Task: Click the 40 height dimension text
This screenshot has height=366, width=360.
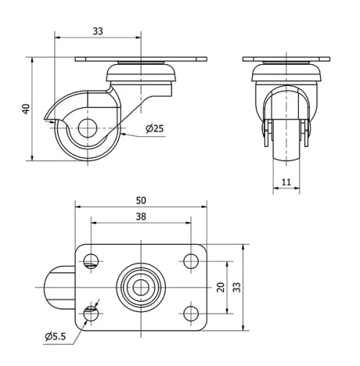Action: coord(26,109)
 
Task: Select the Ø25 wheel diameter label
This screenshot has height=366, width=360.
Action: coord(154,129)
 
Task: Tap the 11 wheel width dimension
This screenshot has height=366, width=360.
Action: coord(287,182)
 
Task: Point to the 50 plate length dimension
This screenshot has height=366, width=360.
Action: coord(140,200)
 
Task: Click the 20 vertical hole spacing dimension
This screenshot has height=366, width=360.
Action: coord(221,286)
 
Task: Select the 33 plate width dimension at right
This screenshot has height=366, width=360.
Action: coord(237,286)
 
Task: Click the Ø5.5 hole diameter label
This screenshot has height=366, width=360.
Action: coord(55,336)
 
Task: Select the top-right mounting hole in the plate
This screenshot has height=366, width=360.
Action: coord(191,260)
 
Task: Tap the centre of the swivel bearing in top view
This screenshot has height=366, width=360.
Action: coord(141,286)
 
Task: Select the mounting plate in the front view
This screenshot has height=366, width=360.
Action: coord(287,59)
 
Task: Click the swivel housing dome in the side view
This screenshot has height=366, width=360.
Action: coord(141,73)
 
